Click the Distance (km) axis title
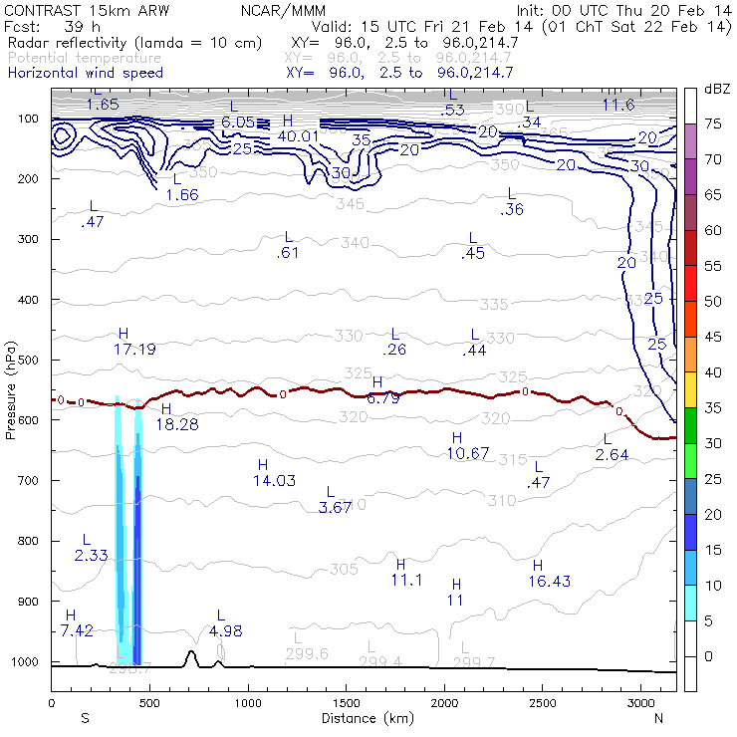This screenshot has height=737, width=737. tap(364, 717)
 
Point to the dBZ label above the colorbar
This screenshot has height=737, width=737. tap(717, 89)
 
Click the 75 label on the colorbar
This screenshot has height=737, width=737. tap(714, 124)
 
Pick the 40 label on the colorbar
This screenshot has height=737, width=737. tap(714, 372)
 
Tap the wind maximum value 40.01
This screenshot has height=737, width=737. tap(299, 136)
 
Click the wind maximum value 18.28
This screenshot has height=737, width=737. tap(176, 424)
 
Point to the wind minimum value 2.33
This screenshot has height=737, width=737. tap(91, 555)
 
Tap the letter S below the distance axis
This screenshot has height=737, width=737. tap(85, 717)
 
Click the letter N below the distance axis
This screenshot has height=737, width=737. tap(658, 717)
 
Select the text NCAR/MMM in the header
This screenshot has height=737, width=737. tap(282, 9)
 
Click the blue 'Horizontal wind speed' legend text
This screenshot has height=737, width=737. tap(86, 73)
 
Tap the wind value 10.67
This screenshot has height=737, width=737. tap(468, 453)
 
